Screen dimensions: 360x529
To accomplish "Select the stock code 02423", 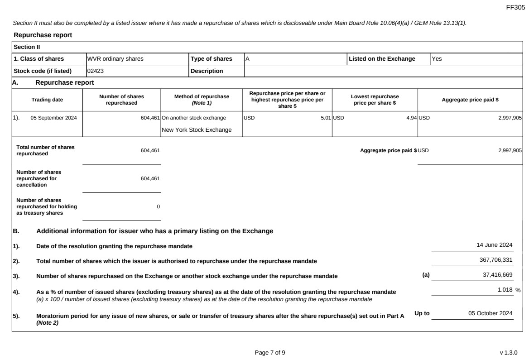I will [96, 71].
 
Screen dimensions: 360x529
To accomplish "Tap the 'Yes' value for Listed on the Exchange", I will [436, 59].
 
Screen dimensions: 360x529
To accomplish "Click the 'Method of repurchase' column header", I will [202, 100].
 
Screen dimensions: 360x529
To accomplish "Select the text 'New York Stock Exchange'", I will [197, 130].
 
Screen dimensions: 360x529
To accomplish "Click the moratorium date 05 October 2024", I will [491, 313].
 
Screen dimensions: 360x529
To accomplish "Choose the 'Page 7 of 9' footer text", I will [270, 352].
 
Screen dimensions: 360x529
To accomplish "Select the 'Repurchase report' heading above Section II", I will [43, 35].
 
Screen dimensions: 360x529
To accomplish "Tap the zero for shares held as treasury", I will [158, 206].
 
